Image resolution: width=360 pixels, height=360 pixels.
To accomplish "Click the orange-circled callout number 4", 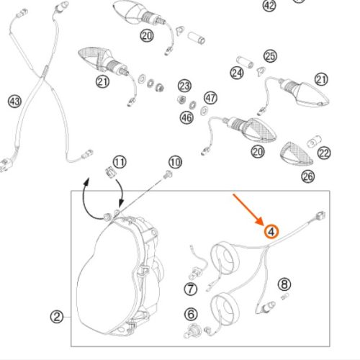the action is tap(271, 232).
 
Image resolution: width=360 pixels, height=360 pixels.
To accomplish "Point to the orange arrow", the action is tap(248, 210).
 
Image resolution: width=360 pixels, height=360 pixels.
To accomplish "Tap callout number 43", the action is tap(14, 101).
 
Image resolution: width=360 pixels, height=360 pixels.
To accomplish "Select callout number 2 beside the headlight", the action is tap(57, 317).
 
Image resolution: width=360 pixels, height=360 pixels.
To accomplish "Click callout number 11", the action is tap(120, 162).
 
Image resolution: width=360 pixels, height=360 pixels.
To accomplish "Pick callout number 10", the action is tap(175, 162).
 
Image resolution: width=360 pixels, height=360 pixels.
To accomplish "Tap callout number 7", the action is tap(191, 289).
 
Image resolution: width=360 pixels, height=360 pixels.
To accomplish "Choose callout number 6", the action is tap(191, 314).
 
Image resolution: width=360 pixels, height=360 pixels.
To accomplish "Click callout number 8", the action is tap(284, 284).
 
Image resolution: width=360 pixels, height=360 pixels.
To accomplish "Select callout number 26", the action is tap(308, 176).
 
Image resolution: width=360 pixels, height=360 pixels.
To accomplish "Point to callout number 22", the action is tap(324, 153).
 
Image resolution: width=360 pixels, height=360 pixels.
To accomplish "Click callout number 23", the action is tap(184, 86).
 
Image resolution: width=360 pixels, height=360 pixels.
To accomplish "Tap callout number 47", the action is tap(210, 98).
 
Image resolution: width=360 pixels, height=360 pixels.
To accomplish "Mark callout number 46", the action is tap(186, 117).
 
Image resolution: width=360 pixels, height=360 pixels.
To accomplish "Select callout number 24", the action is tap(237, 73).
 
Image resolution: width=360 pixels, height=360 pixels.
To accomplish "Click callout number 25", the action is tap(270, 56).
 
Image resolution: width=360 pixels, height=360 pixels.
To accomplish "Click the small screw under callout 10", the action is tap(168, 174).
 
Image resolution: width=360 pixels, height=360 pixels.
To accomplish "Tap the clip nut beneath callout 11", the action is tap(110, 172).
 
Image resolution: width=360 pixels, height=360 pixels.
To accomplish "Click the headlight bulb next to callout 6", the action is tap(192, 331).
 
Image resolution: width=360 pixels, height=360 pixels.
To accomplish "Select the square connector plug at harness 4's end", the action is tap(320, 215).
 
